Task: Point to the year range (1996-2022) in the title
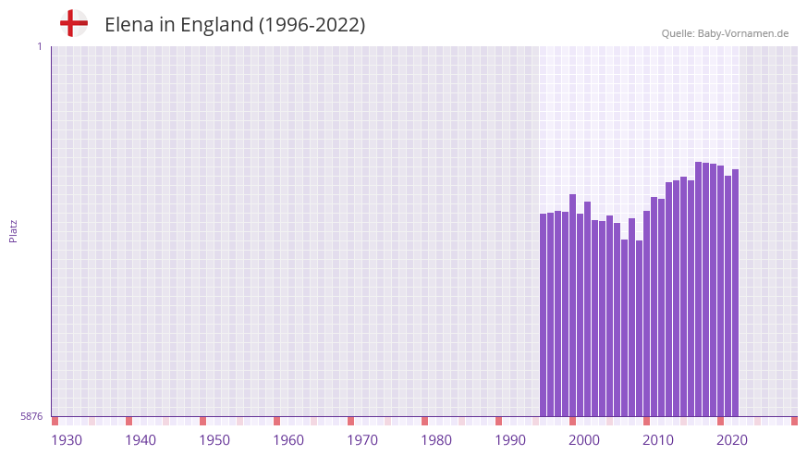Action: coord(312,25)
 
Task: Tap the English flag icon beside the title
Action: coord(74,23)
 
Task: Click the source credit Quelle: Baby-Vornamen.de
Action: coord(725,33)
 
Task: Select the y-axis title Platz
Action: coord(13,230)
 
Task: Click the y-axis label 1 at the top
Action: coord(39,46)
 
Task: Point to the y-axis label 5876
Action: coord(31,417)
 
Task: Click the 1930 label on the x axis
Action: coord(67,440)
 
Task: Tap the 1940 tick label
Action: coord(141,440)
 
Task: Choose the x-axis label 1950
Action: coord(214,440)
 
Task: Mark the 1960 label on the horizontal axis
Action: coord(288,440)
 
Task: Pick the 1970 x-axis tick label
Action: coord(362,440)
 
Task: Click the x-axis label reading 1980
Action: coord(436,440)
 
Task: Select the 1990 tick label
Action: coord(510,440)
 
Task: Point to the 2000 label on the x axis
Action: coord(584,440)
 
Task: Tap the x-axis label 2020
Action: coord(732,440)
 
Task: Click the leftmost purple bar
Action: coord(544,314)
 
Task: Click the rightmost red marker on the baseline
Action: coord(794,421)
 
